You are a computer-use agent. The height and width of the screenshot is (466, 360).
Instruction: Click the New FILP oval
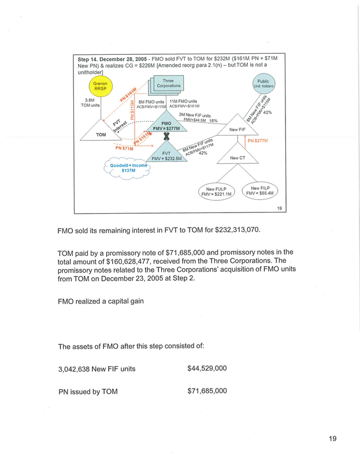point(261,190)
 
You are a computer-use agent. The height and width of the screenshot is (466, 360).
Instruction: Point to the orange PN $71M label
point(125,148)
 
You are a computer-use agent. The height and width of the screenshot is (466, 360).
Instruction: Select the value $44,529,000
point(207,368)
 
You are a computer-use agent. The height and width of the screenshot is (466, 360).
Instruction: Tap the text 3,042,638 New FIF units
point(97,368)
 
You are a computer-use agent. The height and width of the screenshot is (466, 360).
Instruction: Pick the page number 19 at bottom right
point(332,439)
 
